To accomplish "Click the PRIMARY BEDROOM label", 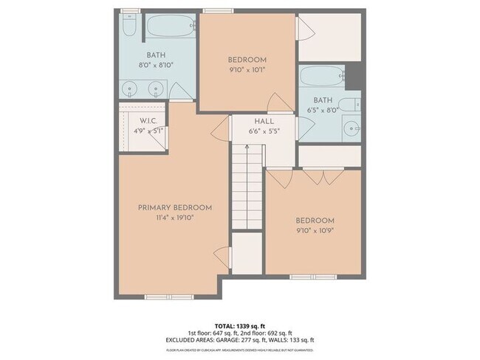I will (175, 208).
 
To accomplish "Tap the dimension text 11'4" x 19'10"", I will (175, 218).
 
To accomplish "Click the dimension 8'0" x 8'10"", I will (155, 65).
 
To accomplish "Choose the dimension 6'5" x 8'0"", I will (323, 109).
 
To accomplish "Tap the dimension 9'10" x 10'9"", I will (315, 231).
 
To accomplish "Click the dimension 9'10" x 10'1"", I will (247, 70).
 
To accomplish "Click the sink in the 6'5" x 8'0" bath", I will (352, 127).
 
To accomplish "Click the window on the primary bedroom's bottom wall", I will (164, 297).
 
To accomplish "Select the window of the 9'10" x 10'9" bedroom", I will (312, 277).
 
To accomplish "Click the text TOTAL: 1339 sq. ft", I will (240, 325).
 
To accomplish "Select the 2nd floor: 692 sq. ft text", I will (269, 332).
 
